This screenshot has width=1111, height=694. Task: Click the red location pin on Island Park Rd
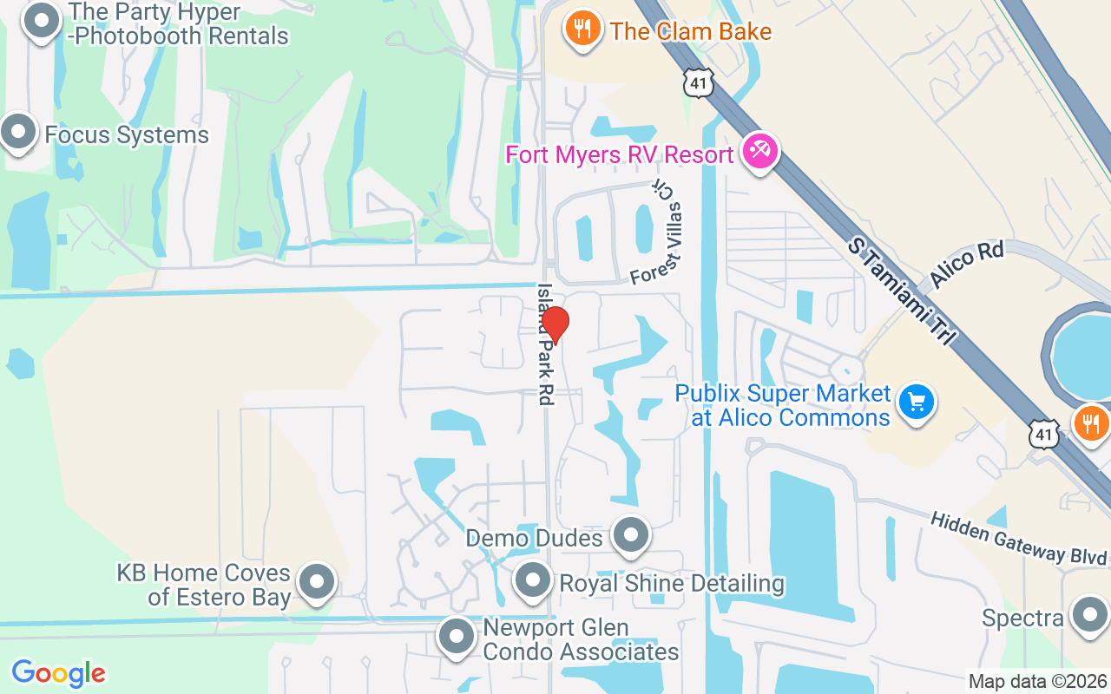click(x=555, y=324)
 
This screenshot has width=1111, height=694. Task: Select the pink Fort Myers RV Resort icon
click(x=760, y=153)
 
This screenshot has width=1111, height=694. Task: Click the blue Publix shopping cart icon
click(x=916, y=403)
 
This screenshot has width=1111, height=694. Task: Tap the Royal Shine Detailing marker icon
click(x=533, y=580)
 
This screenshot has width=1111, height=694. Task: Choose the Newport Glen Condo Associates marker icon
click(x=457, y=638)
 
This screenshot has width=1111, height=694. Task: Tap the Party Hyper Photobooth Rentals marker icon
click(x=40, y=21)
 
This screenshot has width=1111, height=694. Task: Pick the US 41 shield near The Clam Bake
click(x=699, y=82)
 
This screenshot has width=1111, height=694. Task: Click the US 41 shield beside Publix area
click(x=1044, y=433)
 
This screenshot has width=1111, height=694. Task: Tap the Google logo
click(x=58, y=673)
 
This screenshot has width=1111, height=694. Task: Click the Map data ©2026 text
click(x=1037, y=682)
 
